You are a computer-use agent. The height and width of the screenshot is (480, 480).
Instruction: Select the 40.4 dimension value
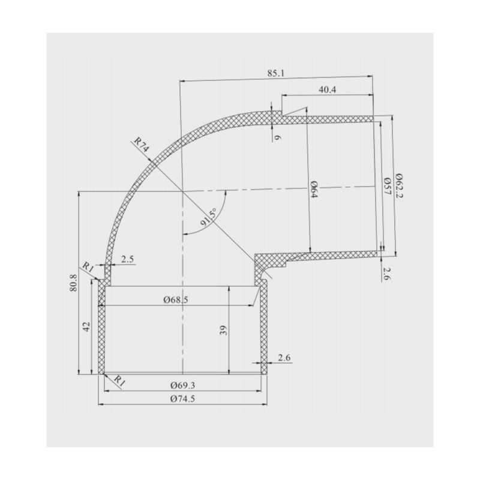327,89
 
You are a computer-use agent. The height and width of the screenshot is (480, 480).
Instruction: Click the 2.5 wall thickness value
127,259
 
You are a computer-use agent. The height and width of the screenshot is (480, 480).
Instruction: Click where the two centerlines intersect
181,191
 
